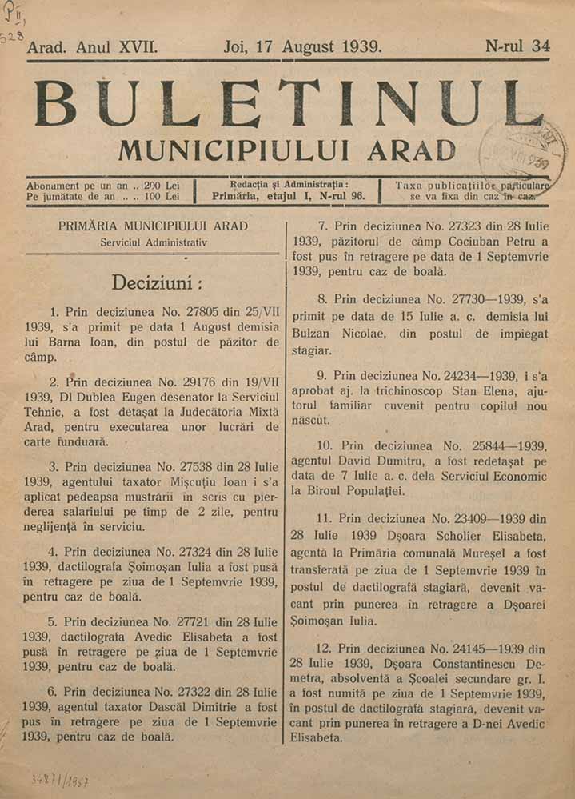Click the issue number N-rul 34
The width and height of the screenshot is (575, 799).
click(x=517, y=46)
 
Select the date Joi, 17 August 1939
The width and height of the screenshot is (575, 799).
click(x=302, y=46)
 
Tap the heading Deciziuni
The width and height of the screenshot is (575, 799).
click(x=156, y=283)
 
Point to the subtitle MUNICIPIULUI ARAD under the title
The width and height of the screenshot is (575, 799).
click(x=286, y=150)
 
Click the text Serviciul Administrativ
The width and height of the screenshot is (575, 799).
click(x=154, y=242)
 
